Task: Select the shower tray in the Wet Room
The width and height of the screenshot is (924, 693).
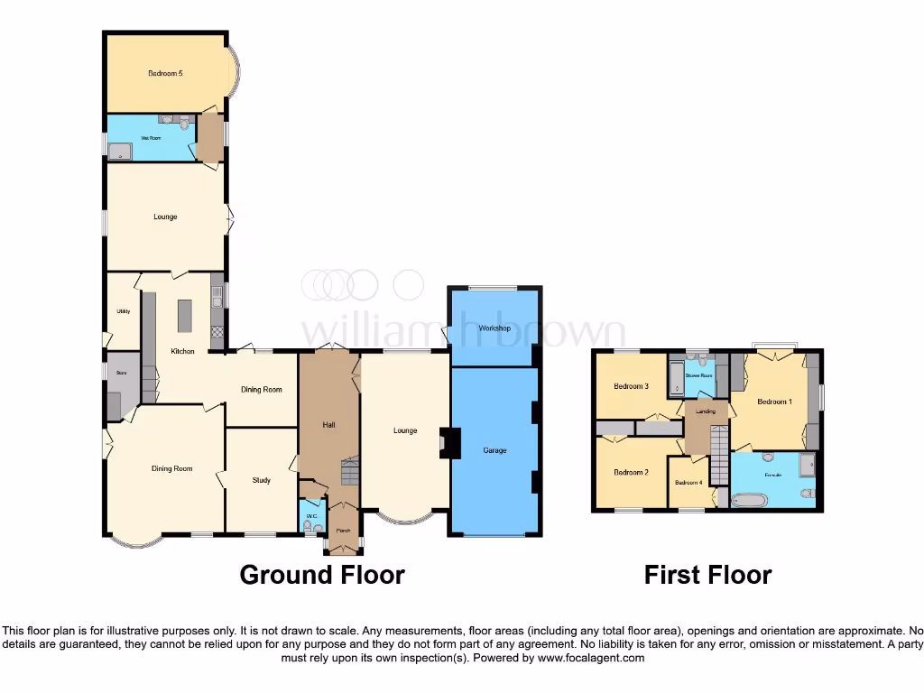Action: pyautogui.click(x=119, y=151)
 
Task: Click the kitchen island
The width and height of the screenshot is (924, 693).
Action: pyautogui.click(x=186, y=315)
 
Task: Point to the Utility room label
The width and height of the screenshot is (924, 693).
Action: pyautogui.click(x=124, y=311)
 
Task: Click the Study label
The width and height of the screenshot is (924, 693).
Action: pyautogui.click(x=261, y=480)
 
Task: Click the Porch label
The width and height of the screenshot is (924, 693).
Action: pyautogui.click(x=343, y=531)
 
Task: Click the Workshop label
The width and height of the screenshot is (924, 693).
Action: pyautogui.click(x=494, y=328)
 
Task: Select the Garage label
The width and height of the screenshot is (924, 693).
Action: pyautogui.click(x=494, y=449)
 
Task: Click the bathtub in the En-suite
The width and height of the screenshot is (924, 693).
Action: pyautogui.click(x=748, y=499)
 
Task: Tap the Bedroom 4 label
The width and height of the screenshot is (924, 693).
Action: pyautogui.click(x=688, y=482)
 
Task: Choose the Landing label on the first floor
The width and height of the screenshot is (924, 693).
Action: pyautogui.click(x=706, y=411)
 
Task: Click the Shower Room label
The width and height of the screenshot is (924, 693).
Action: pyautogui.click(x=698, y=375)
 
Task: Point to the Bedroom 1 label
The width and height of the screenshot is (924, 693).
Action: pyautogui.click(x=774, y=402)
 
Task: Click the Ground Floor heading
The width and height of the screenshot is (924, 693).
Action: pyautogui.click(x=321, y=574)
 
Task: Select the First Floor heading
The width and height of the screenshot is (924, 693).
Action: pyautogui.click(x=707, y=574)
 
